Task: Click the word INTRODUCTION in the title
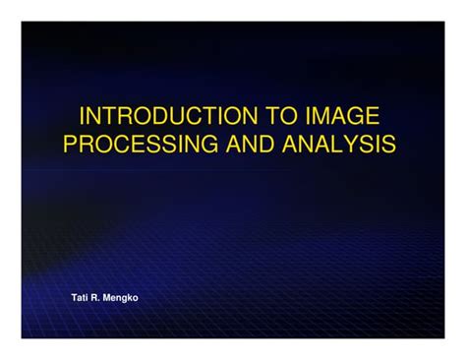[163, 114]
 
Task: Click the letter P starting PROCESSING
[71, 144]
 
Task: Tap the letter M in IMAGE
[321, 114]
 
